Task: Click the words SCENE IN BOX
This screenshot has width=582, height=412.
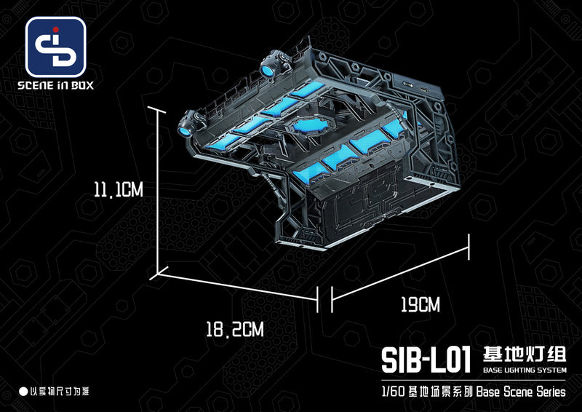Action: click(x=56, y=85)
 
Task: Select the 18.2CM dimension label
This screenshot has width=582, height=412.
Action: click(x=234, y=329)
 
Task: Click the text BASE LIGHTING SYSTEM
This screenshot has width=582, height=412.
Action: click(x=524, y=371)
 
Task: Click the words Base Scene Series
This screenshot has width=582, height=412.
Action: click(x=521, y=392)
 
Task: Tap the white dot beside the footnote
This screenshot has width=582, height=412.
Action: click(x=23, y=392)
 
